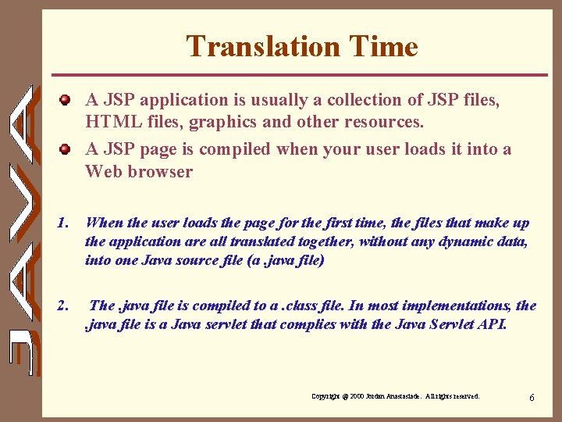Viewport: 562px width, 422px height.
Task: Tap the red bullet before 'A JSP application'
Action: tap(68, 100)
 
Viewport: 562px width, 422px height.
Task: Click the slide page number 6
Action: tap(532, 398)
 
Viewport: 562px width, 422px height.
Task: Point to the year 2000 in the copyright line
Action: tap(358, 397)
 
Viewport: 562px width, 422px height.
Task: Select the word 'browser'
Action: tap(162, 172)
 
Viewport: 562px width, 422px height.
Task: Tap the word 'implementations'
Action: tap(461, 306)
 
